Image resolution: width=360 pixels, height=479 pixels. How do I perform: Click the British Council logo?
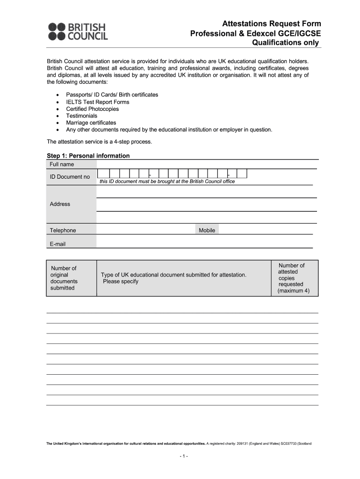click(78, 31)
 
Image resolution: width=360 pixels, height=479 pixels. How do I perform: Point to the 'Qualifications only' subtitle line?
click(286, 43)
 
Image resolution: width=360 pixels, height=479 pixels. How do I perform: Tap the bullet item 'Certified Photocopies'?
click(93, 109)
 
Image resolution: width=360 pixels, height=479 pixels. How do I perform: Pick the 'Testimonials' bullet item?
click(82, 116)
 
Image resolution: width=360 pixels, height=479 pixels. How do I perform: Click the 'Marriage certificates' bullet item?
click(91, 123)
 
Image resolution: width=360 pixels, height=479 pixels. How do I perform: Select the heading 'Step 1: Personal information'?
click(88, 156)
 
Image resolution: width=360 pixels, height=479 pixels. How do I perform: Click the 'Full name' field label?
click(62, 165)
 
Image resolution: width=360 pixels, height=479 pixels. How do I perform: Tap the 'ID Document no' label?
click(70, 177)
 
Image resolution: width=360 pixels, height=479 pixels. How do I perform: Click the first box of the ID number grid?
click(104, 174)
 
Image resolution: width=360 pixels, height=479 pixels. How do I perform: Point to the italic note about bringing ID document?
click(167, 181)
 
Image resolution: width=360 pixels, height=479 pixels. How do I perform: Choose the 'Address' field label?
click(60, 204)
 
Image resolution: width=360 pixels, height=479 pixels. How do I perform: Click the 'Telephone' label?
click(63, 230)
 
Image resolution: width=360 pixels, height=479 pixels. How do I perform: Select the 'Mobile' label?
click(207, 230)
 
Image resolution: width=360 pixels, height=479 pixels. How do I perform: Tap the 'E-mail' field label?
click(58, 244)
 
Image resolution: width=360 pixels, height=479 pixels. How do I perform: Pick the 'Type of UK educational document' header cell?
click(173, 278)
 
